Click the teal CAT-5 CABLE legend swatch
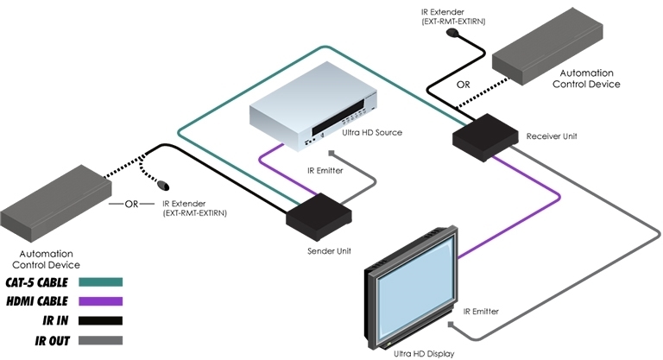100,282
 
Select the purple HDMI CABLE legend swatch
100,302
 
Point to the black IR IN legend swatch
100,322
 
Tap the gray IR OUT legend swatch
100,342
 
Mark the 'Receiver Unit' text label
552,136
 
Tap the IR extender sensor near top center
453,36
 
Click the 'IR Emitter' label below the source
325,172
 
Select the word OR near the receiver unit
463,85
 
